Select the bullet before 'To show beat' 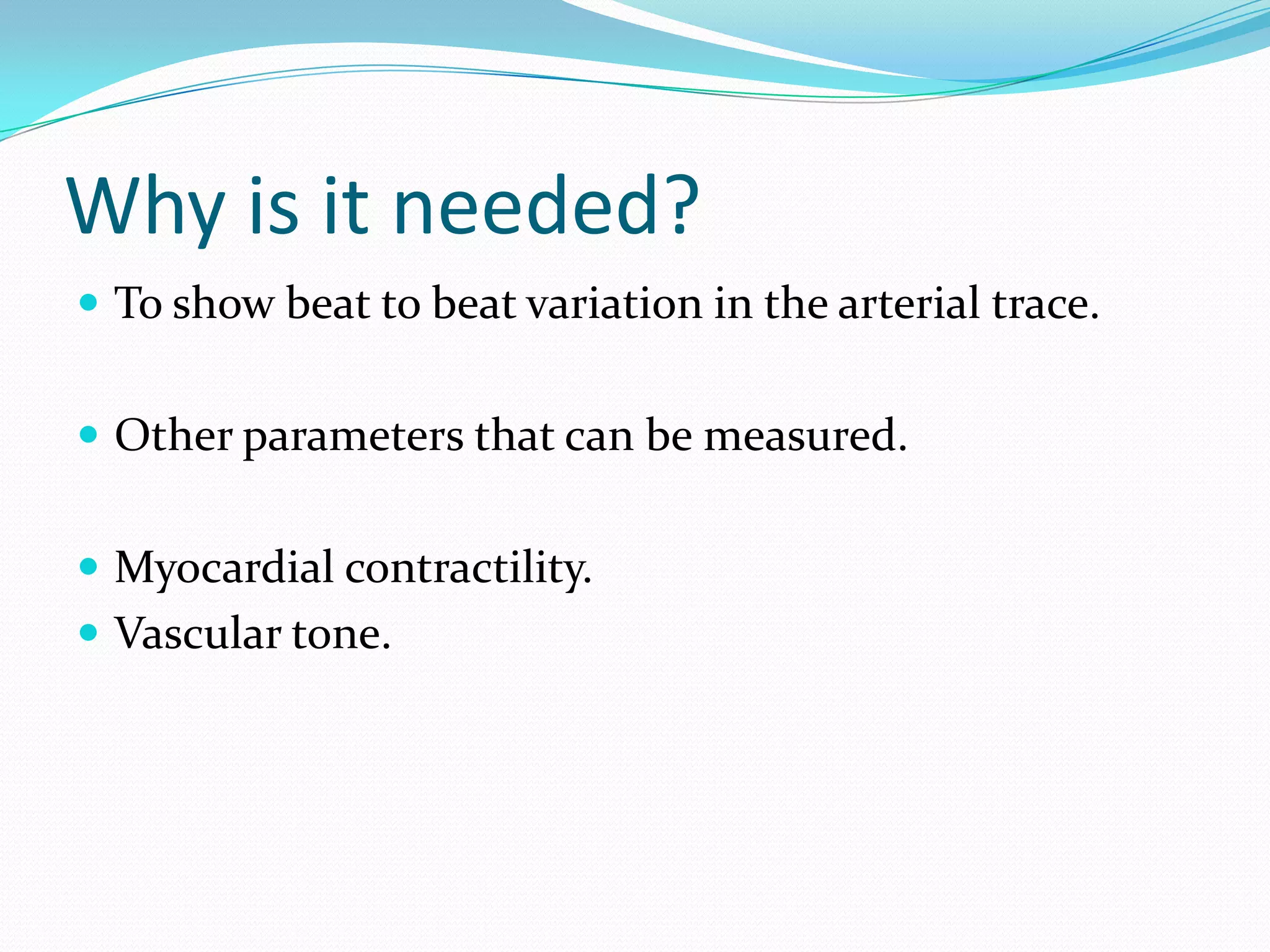click(89, 302)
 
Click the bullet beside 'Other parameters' click(89, 434)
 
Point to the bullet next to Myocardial click(89, 566)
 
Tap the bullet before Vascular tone click(89, 633)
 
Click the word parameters click(353, 438)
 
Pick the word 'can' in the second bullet click(599, 437)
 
